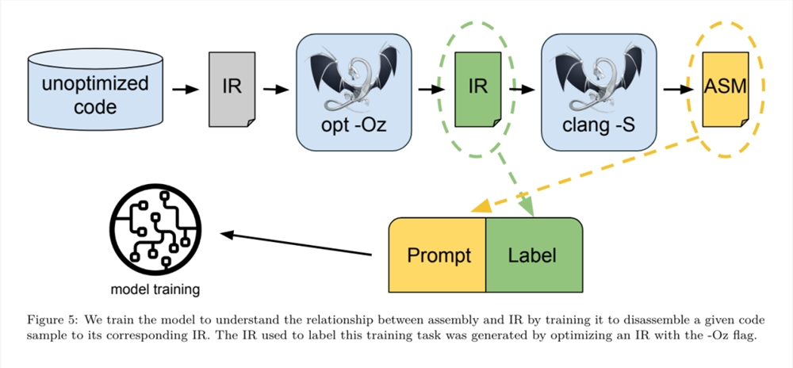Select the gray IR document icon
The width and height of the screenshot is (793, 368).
coord(232,89)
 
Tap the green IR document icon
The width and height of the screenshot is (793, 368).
coord(478,89)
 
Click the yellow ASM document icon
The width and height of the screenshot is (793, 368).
coord(726,89)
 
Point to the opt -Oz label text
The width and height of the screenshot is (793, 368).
coord(354,125)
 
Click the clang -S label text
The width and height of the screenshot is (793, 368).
coord(599,125)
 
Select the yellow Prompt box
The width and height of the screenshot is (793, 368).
coord(437,255)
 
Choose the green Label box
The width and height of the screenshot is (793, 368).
coord(534,255)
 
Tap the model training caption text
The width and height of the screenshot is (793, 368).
coord(155,290)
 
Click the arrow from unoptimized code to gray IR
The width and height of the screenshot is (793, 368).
coord(187,90)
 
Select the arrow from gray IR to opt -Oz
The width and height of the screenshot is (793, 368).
coord(276,90)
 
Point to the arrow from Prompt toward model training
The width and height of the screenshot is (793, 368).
coord(296,243)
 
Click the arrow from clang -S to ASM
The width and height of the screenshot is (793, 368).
coord(678,90)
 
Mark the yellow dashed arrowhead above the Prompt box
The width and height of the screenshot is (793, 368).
coord(481,206)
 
